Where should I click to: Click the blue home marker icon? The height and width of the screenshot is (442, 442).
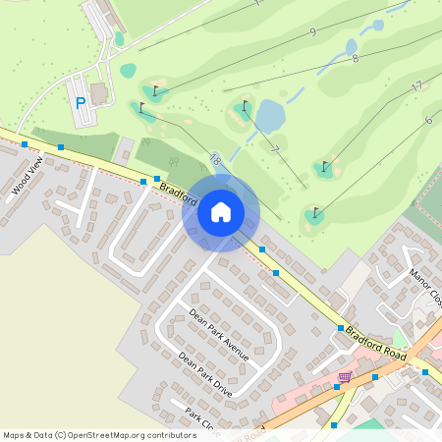point(220,211)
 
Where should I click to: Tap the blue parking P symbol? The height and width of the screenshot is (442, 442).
point(80,102)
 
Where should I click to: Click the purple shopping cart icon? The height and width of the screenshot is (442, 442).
point(345,377)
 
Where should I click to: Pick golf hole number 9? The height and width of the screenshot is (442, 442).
point(312,32)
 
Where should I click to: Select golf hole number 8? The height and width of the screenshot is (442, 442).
point(355,59)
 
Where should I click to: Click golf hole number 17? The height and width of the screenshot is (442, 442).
point(416,86)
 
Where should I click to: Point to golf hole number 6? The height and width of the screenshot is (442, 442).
point(428,120)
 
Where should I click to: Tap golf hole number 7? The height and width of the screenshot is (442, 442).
point(276,149)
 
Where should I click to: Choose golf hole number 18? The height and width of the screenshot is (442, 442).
point(214,158)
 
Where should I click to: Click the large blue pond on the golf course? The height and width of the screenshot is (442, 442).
point(270,116)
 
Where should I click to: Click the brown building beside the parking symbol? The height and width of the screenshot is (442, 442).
point(98,92)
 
